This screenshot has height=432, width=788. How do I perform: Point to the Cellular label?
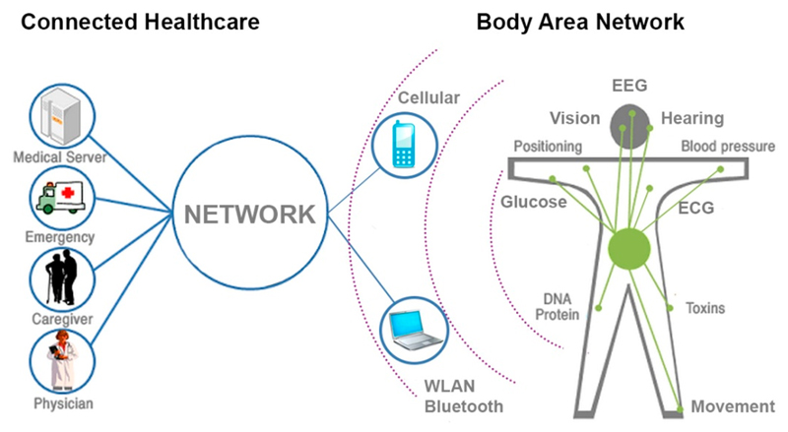428,99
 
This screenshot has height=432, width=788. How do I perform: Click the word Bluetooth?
459,405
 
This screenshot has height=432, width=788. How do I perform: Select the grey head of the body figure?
631,126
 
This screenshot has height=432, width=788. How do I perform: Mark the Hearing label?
691,118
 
